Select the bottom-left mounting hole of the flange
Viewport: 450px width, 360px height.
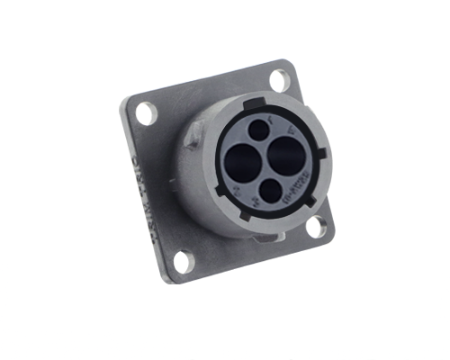click(183, 262)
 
